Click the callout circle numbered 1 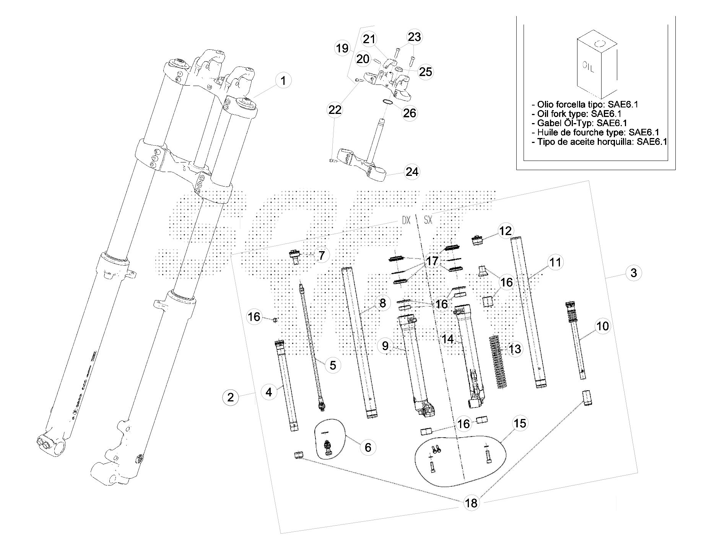click(x=283, y=81)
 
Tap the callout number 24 click(x=412, y=172)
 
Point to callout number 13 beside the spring click(x=515, y=349)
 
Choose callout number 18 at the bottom click(x=472, y=503)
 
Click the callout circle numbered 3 click(x=634, y=273)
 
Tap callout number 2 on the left click(x=230, y=397)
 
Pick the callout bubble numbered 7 click(x=321, y=255)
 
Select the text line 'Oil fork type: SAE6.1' click(x=579, y=114)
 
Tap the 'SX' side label click(x=428, y=221)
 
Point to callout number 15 click(x=520, y=424)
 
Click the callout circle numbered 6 click(x=368, y=447)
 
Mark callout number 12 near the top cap click(x=505, y=231)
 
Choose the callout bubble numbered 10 click(x=602, y=326)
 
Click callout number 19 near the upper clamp click(x=342, y=49)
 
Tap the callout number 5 click(x=333, y=365)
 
